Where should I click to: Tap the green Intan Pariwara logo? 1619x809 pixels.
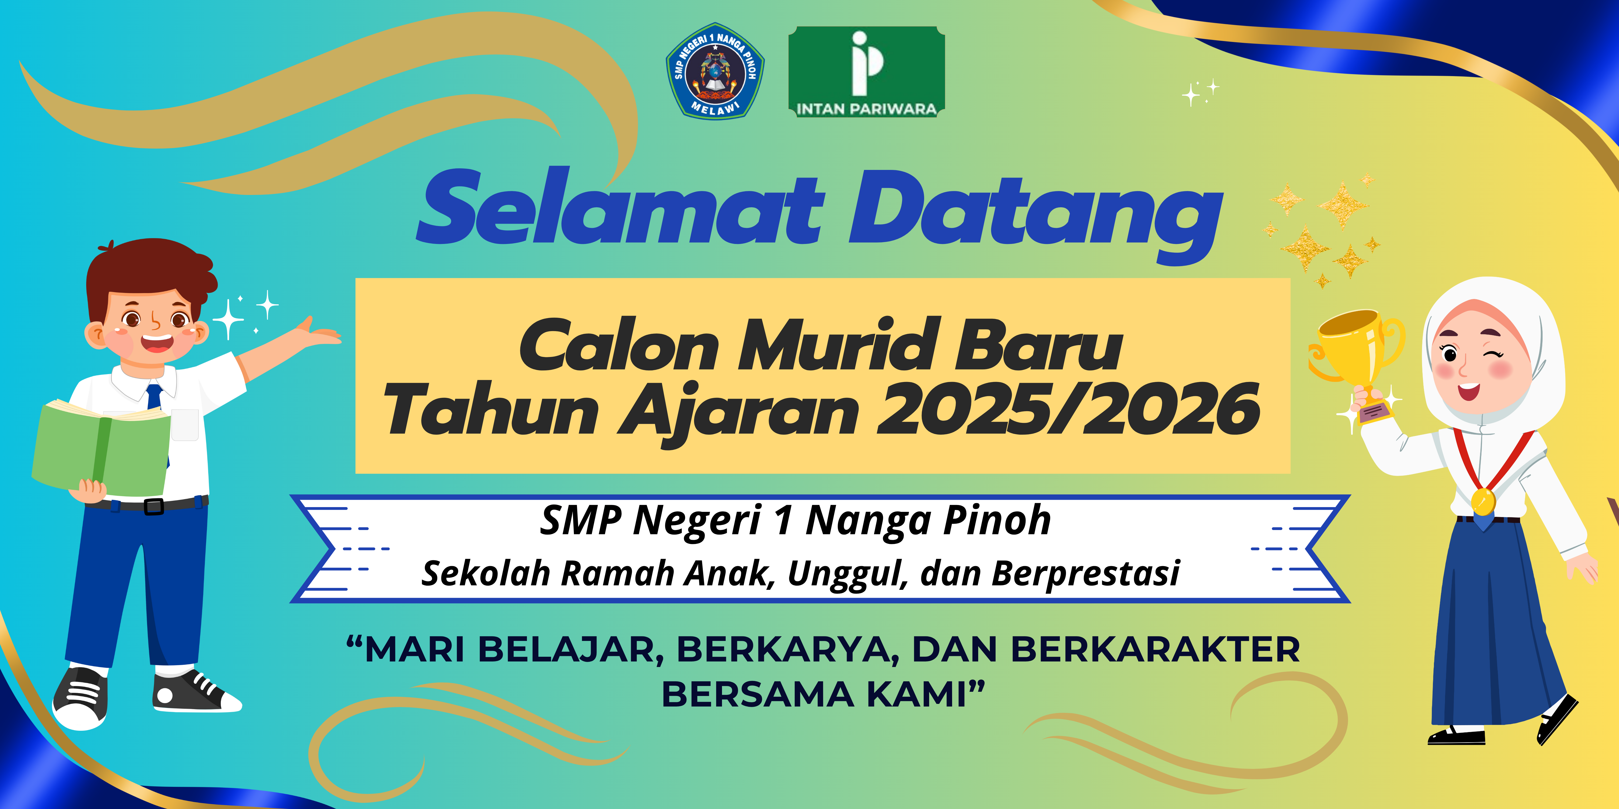[867, 72]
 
